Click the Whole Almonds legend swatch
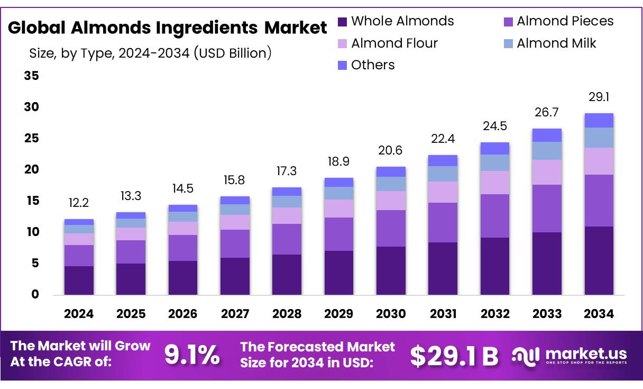pos(343,22)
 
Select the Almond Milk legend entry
pos(556,43)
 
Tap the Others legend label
pos(373,65)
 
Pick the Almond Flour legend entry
pos(394,43)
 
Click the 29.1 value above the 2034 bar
pos(599,97)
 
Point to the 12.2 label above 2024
pos(79,203)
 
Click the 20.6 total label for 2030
pos(391,151)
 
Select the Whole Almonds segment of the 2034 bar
pos(599,260)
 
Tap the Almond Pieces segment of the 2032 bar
pos(495,216)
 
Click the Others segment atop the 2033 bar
pos(547,135)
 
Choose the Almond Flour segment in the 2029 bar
pos(339,209)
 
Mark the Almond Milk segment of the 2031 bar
pos(443,174)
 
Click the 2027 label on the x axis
pos(235,314)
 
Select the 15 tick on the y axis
pos(32,201)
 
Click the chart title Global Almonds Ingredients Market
pos(167,28)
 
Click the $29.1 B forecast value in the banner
pos(454,356)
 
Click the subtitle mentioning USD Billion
pos(150,53)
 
